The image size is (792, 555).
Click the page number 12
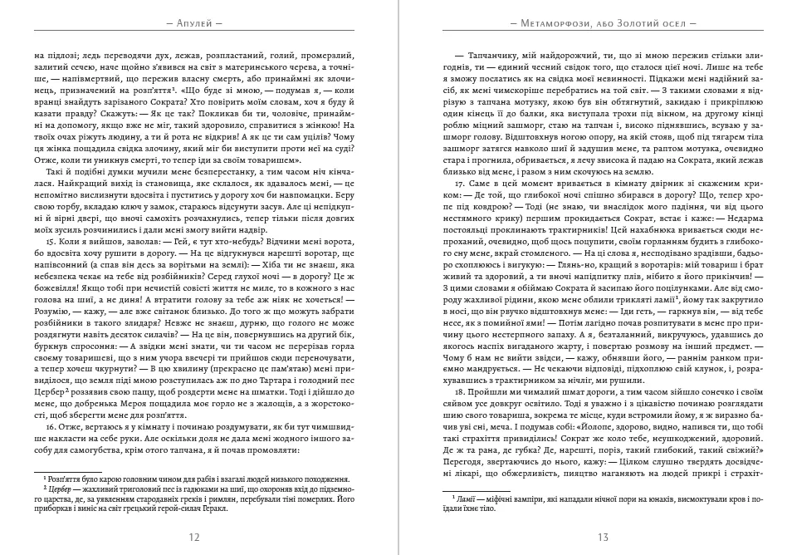(x=194, y=537)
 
